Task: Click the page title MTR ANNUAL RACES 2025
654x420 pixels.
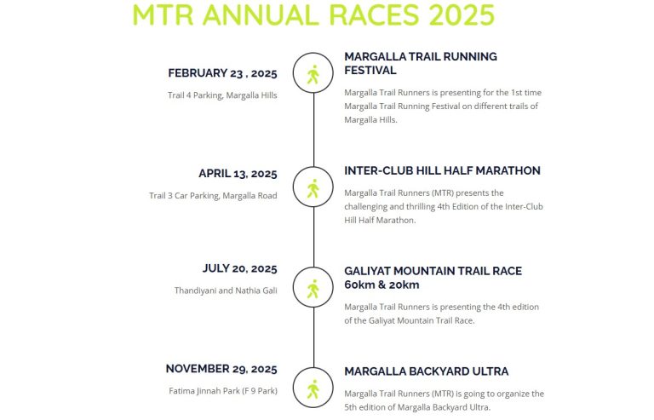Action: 313,14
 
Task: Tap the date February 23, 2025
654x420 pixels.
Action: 222,73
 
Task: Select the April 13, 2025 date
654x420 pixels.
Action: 238,174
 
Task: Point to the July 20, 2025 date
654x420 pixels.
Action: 240,268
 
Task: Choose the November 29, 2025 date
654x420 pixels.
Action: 221,369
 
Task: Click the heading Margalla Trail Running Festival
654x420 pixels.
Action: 421,63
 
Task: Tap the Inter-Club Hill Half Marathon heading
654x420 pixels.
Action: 442,170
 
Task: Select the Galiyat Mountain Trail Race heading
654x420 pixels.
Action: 433,278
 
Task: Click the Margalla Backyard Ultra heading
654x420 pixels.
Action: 427,371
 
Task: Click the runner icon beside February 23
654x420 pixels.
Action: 313,75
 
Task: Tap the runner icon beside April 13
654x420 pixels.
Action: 313,188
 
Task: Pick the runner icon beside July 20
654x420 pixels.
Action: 313,289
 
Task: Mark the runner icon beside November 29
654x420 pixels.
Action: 313,389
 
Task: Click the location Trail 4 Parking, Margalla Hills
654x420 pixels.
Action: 222,95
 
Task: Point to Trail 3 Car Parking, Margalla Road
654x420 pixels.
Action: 213,196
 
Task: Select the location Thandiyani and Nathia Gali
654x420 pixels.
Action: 226,291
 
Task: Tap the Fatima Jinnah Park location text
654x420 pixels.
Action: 223,391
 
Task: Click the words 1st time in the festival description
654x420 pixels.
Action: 526,93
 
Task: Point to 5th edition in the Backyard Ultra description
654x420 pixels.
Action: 369,407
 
